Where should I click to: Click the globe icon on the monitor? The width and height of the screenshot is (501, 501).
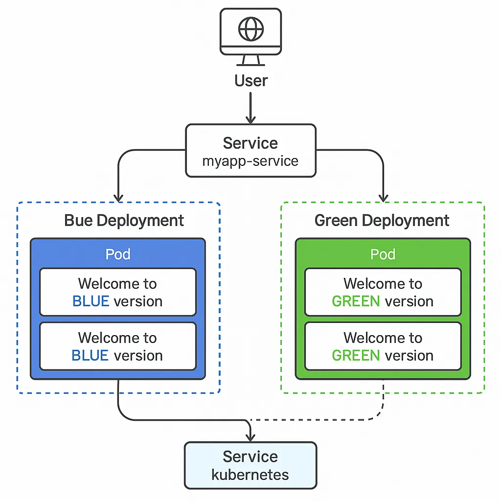click(250, 29)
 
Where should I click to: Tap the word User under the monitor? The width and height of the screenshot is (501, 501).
click(251, 80)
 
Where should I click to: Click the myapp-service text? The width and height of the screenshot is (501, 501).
click(250, 161)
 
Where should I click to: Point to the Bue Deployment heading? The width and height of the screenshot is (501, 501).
click(124, 220)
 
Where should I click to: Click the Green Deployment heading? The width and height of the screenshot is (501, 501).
click(382, 220)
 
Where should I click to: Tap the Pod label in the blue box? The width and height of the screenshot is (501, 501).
click(118, 254)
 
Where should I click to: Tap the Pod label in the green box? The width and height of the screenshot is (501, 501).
click(383, 254)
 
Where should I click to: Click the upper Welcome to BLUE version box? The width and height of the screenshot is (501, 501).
click(118, 292)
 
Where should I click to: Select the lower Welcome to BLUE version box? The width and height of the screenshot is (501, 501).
click(118, 346)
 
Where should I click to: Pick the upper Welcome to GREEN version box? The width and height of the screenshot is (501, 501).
click(383, 292)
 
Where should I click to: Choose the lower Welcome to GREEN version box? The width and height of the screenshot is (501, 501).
click(383, 346)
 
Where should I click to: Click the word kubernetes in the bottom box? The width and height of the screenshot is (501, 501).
click(250, 474)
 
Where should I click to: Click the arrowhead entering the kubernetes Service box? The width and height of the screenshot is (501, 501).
click(250, 436)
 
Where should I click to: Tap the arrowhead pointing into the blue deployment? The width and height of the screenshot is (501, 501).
click(118, 197)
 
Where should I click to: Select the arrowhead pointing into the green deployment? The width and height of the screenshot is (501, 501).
click(383, 197)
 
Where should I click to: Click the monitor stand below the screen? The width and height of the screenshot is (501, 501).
click(250, 60)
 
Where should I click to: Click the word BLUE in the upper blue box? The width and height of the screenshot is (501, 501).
click(91, 301)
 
